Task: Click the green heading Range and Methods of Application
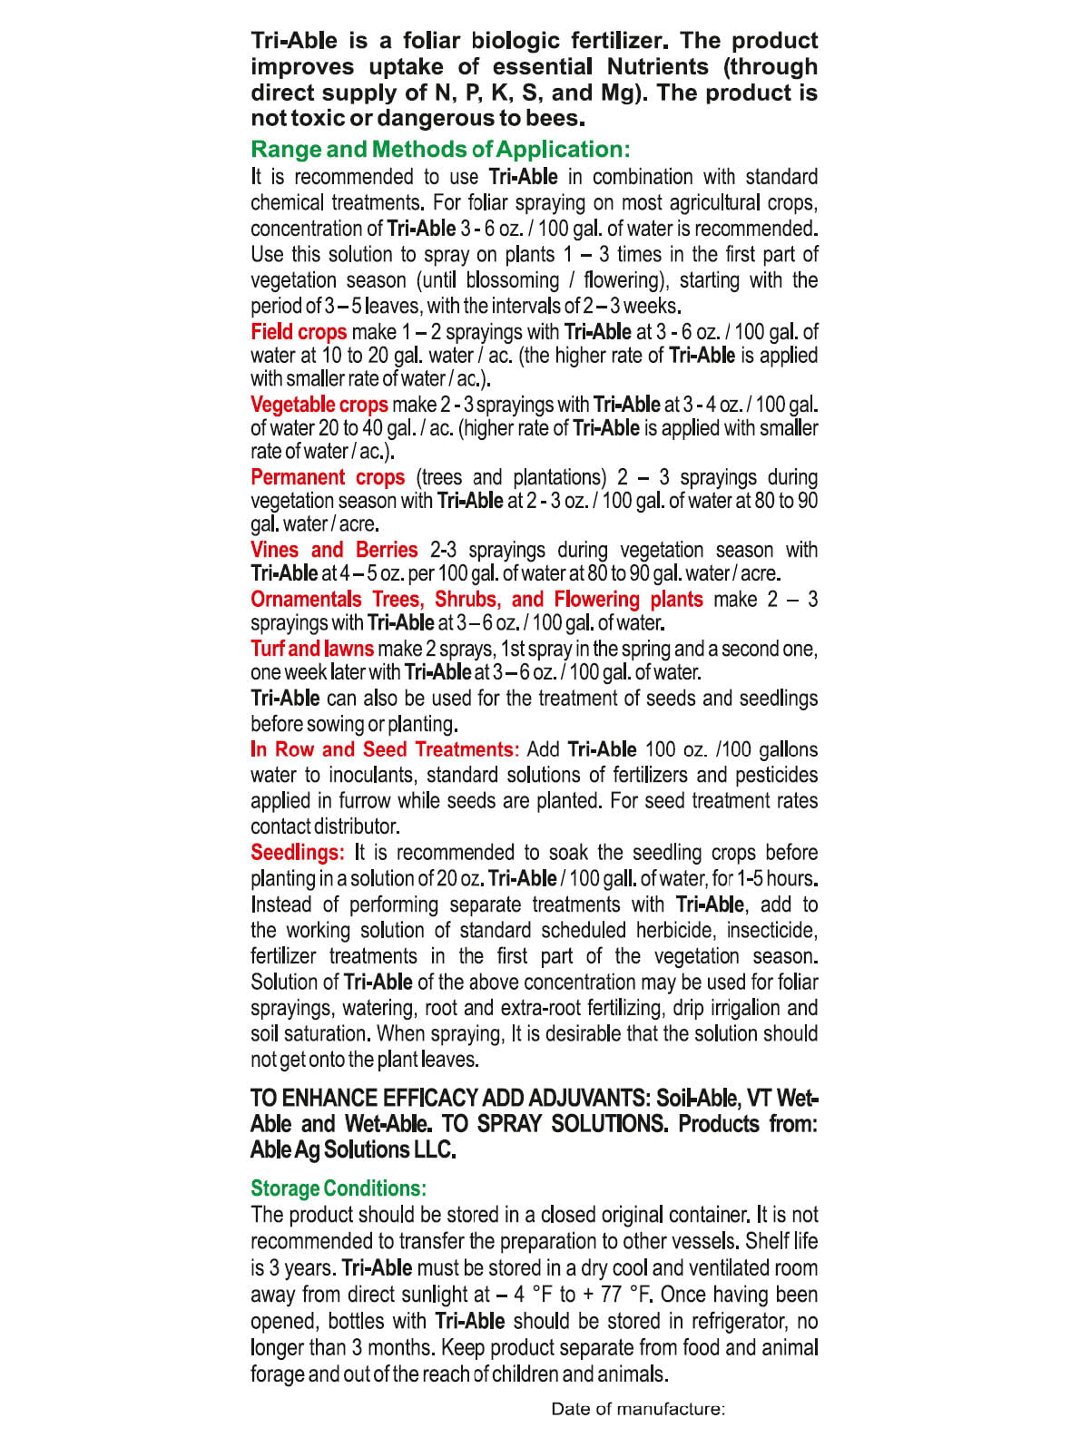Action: (440, 150)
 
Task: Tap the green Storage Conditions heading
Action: (339, 1188)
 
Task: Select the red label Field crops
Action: (299, 332)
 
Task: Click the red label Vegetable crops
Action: (319, 405)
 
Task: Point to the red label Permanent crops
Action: (328, 477)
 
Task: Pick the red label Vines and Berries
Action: (334, 550)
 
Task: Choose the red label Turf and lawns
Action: (312, 649)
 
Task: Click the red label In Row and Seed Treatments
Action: (385, 749)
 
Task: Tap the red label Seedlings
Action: (297, 853)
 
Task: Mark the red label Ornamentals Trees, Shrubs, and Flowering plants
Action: (476, 600)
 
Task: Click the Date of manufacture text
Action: (638, 1409)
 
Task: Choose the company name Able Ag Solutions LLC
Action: (353, 1150)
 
